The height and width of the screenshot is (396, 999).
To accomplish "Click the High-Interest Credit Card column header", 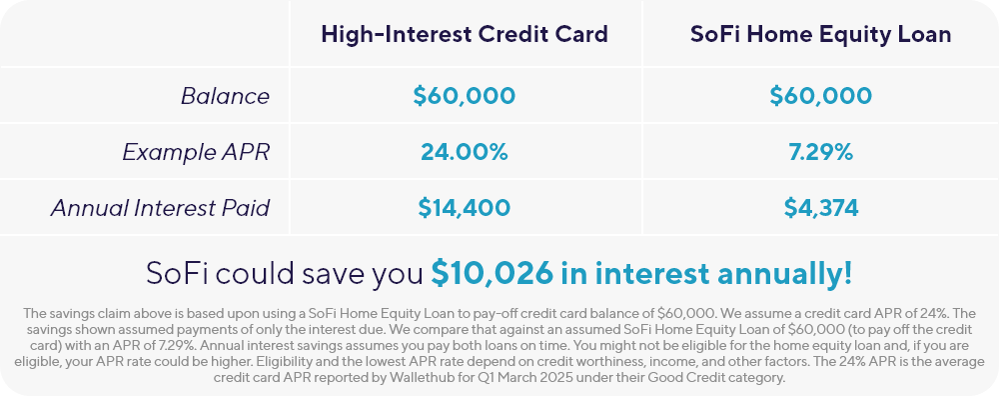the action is (465, 34).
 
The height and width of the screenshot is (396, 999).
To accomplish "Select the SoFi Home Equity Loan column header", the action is (820, 34).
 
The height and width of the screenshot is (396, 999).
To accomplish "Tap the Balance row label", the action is (225, 96).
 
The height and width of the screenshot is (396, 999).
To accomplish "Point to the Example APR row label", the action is (196, 152).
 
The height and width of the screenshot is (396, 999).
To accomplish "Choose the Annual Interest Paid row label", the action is (160, 208).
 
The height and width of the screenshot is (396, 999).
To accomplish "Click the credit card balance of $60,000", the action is (464, 96).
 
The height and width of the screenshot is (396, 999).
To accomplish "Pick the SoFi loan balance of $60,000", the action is (820, 96).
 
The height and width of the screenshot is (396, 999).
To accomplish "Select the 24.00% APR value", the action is (464, 152).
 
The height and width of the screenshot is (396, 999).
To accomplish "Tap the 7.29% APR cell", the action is (820, 152).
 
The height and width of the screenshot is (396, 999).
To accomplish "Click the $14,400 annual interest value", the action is (464, 208).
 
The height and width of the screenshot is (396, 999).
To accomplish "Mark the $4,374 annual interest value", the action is (820, 208).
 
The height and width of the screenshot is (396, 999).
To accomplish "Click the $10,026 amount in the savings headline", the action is (492, 273).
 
